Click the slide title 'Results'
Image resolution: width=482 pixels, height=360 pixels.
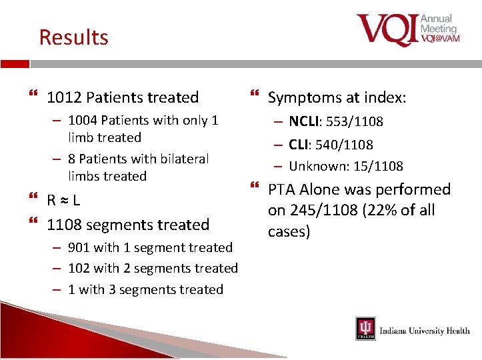point(73,37)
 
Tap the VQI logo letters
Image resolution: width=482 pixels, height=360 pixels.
point(387,30)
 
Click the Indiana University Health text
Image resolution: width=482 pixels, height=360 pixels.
point(424,331)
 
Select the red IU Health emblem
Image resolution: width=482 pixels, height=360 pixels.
point(365,329)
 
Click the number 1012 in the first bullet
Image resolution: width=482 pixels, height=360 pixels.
point(65,97)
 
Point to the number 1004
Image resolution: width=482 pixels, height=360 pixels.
point(84,121)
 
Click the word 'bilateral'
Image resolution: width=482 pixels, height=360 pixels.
point(181,159)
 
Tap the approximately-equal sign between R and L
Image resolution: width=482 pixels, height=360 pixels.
point(64,200)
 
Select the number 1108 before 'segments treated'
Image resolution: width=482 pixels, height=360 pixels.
point(65,225)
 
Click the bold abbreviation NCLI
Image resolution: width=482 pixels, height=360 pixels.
point(305,121)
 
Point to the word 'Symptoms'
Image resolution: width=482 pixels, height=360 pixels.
point(303,98)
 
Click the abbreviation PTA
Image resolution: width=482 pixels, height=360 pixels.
point(283,190)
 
